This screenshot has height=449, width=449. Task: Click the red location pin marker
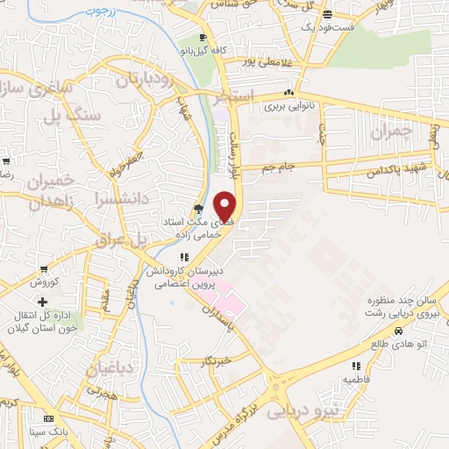coord(226,204)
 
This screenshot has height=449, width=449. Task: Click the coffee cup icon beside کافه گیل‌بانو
coord(203,38)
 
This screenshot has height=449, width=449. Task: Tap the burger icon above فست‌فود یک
coord(327,14)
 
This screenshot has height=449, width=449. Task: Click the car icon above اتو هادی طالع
coord(398,331)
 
